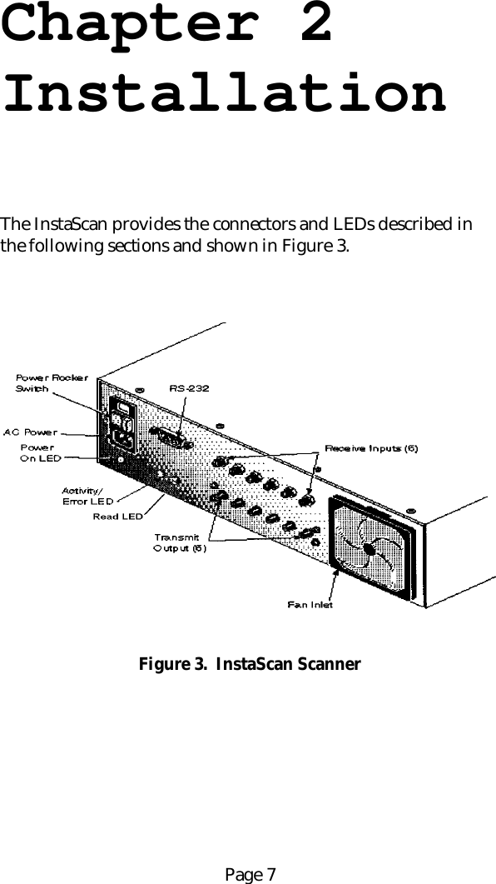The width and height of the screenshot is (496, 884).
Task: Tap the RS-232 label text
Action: [189, 388]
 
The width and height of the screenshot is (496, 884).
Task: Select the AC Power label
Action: [31, 432]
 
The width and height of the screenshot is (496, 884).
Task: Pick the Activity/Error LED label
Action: [87, 496]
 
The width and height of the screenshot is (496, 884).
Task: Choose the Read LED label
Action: [117, 516]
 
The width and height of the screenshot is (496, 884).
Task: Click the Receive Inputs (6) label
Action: [371, 449]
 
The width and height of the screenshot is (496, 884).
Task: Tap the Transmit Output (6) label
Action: [179, 542]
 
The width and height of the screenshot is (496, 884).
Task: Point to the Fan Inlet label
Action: [310, 604]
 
